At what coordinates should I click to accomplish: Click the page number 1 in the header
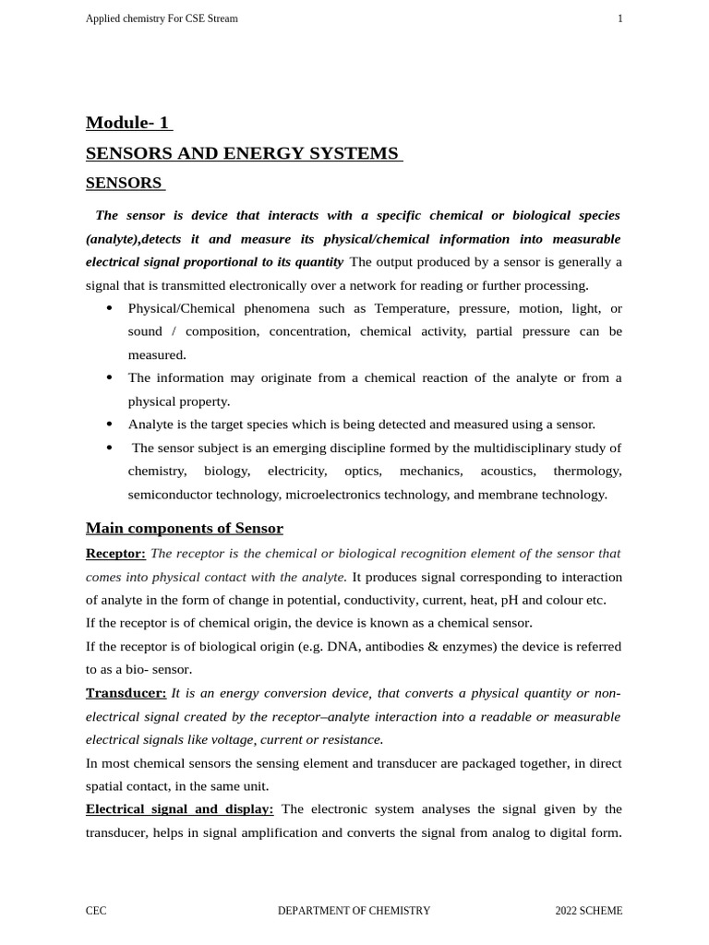pos(619,18)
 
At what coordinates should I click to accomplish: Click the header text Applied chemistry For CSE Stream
pos(162,18)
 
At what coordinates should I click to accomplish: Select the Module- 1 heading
pos(128,123)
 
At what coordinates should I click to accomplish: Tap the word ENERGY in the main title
pos(263,153)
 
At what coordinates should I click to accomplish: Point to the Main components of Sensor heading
pos(185,528)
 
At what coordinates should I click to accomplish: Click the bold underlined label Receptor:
pos(115,553)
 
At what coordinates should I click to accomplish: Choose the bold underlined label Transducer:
pos(126,693)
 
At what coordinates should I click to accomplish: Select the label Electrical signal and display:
pos(179,809)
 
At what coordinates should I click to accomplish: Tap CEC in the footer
pos(96,911)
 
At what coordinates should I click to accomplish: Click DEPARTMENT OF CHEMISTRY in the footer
pos(354,911)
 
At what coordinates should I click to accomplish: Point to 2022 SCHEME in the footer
pos(588,911)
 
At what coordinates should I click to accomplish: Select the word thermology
pos(587,471)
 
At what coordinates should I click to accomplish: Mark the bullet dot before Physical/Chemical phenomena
pos(110,308)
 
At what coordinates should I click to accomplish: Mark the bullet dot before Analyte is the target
pos(110,425)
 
